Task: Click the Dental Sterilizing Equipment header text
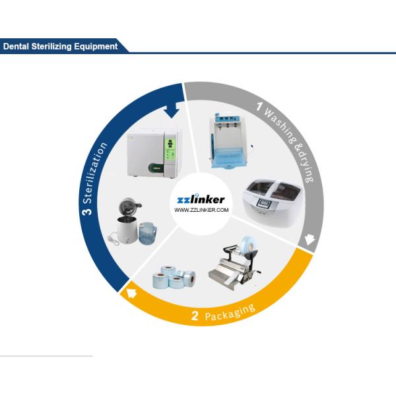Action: [60, 46]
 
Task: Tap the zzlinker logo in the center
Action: [201, 199]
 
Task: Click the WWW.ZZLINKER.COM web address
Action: [201, 211]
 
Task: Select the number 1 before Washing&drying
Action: [259, 106]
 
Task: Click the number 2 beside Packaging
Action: [195, 316]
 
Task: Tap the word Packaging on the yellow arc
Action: [230, 312]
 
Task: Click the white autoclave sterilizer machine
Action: [152, 151]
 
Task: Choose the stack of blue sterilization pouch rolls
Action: [174, 277]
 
